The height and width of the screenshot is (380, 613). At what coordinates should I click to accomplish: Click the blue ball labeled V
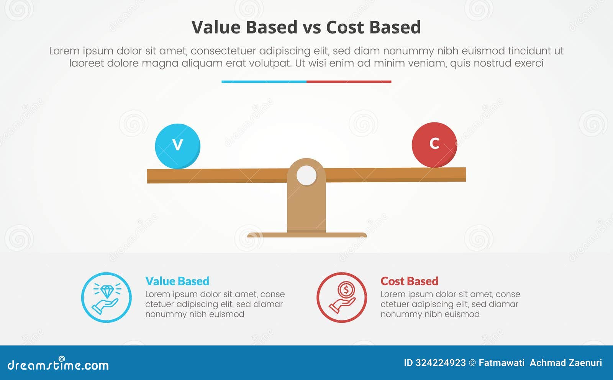[x=177, y=146]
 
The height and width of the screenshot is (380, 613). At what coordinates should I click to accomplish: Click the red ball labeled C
[x=434, y=145]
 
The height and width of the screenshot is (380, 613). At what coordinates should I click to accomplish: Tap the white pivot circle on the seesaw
[x=306, y=176]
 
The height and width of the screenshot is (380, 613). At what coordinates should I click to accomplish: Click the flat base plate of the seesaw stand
[x=306, y=235]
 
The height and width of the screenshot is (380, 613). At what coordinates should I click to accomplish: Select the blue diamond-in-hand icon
[x=106, y=297]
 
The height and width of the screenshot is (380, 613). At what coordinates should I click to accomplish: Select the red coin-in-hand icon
[x=342, y=297]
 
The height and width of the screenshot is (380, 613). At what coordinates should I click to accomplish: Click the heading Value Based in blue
[x=177, y=281]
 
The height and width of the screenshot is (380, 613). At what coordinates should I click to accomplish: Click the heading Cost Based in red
[x=409, y=281]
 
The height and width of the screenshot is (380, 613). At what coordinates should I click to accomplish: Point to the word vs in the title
[x=311, y=28]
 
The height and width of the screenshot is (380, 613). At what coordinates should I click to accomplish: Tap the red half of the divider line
[x=349, y=81]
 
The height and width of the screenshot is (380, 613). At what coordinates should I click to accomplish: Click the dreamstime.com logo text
[x=58, y=365]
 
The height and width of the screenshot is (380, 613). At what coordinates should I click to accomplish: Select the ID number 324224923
[x=441, y=363]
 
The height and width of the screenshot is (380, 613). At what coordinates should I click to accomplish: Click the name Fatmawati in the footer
[x=501, y=363]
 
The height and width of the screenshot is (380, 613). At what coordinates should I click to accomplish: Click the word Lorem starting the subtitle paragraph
[x=64, y=51]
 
